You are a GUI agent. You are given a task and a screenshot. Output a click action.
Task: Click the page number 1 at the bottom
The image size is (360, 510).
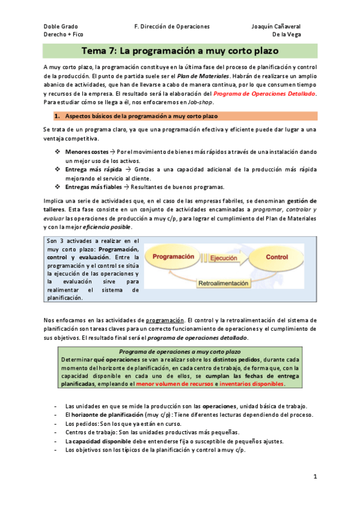click(315, 476)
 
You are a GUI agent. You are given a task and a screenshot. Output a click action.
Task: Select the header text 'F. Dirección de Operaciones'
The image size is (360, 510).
click(172, 27)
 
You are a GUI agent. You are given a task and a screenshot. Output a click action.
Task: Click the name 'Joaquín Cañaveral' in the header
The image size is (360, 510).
click(276, 27)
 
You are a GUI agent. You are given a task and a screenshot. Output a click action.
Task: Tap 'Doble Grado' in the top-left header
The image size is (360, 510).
click(61, 27)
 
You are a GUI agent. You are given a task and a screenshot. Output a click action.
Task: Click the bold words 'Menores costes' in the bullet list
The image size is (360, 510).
click(87, 153)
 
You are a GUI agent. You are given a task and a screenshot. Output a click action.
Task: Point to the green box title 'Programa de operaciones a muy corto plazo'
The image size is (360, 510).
click(180, 351)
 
